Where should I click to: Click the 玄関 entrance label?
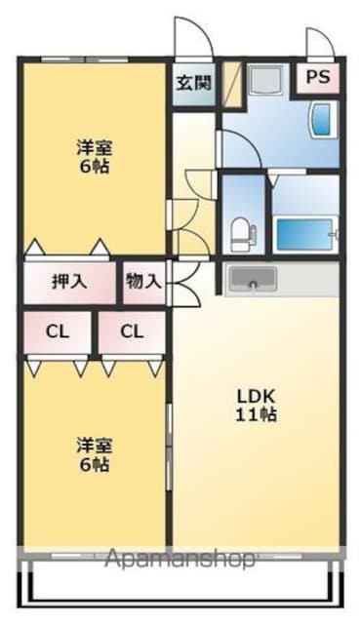(193, 83)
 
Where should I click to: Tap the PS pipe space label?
(318, 76)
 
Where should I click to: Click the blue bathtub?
(305, 234)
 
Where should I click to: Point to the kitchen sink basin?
(253, 278)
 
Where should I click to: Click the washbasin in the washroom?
(323, 119)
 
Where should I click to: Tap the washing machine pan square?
(264, 80)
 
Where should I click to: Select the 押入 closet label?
(69, 282)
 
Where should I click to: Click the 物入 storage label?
(143, 282)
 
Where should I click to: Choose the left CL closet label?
(58, 331)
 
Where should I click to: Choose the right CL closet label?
(132, 331)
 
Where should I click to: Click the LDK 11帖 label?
(257, 406)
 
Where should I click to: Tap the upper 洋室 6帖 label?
(95, 157)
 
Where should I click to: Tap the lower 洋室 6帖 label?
(95, 454)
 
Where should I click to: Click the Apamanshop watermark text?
(180, 560)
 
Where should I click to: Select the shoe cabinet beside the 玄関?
(232, 85)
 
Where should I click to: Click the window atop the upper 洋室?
(85, 59)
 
